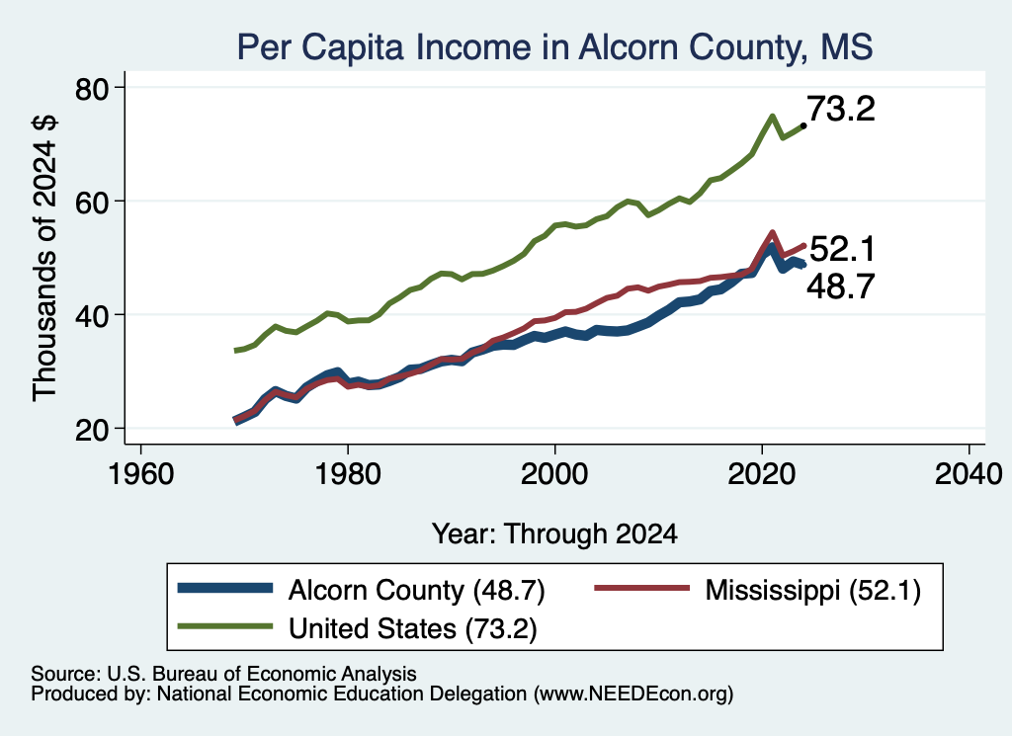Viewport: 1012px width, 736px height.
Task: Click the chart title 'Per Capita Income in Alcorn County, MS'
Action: (554, 47)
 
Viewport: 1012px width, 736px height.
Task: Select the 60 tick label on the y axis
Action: (92, 202)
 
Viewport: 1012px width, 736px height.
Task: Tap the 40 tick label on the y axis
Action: (92, 315)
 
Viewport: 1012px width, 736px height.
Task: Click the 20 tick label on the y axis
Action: (92, 430)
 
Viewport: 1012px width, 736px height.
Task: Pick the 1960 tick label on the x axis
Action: (140, 475)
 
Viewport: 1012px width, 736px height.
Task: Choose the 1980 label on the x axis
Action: (348, 475)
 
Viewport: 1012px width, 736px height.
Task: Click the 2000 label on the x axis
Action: (554, 475)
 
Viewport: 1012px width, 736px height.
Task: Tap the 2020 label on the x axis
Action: (762, 475)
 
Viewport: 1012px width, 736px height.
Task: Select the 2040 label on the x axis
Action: (969, 475)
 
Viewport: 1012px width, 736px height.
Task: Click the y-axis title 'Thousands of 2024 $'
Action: (45, 258)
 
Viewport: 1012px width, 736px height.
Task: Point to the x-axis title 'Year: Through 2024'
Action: (554, 534)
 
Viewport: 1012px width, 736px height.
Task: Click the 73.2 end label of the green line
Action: (841, 109)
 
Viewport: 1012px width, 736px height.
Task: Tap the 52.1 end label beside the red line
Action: (842, 249)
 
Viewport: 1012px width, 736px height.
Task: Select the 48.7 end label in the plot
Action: (841, 286)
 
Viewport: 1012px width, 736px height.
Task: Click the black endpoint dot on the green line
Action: (802, 125)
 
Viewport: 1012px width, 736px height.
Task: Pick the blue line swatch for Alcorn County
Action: (224, 588)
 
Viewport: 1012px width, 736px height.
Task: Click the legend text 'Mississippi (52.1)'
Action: (813, 590)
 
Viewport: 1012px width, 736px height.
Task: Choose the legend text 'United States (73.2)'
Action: (412, 629)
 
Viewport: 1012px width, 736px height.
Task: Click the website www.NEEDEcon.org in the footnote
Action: (633, 695)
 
